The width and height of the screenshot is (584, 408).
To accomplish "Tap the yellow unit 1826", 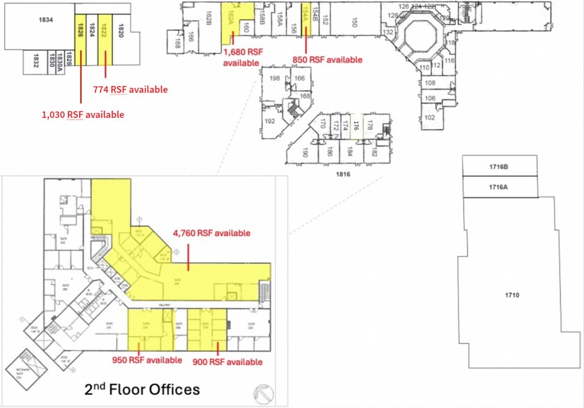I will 81,31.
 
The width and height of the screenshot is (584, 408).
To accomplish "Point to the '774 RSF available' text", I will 130,90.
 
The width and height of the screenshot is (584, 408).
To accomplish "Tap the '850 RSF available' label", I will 328,60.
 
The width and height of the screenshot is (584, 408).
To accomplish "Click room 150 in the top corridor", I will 354,24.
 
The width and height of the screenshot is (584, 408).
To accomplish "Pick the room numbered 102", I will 429,117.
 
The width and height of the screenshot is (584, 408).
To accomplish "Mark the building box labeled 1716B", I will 499,167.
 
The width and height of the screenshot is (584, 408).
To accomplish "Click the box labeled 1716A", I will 499,187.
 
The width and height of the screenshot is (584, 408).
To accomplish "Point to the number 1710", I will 512,296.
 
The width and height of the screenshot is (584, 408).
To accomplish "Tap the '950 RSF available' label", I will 147,360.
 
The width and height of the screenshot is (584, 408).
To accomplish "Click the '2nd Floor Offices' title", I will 142,389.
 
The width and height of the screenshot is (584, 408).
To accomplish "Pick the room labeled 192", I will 269,119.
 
